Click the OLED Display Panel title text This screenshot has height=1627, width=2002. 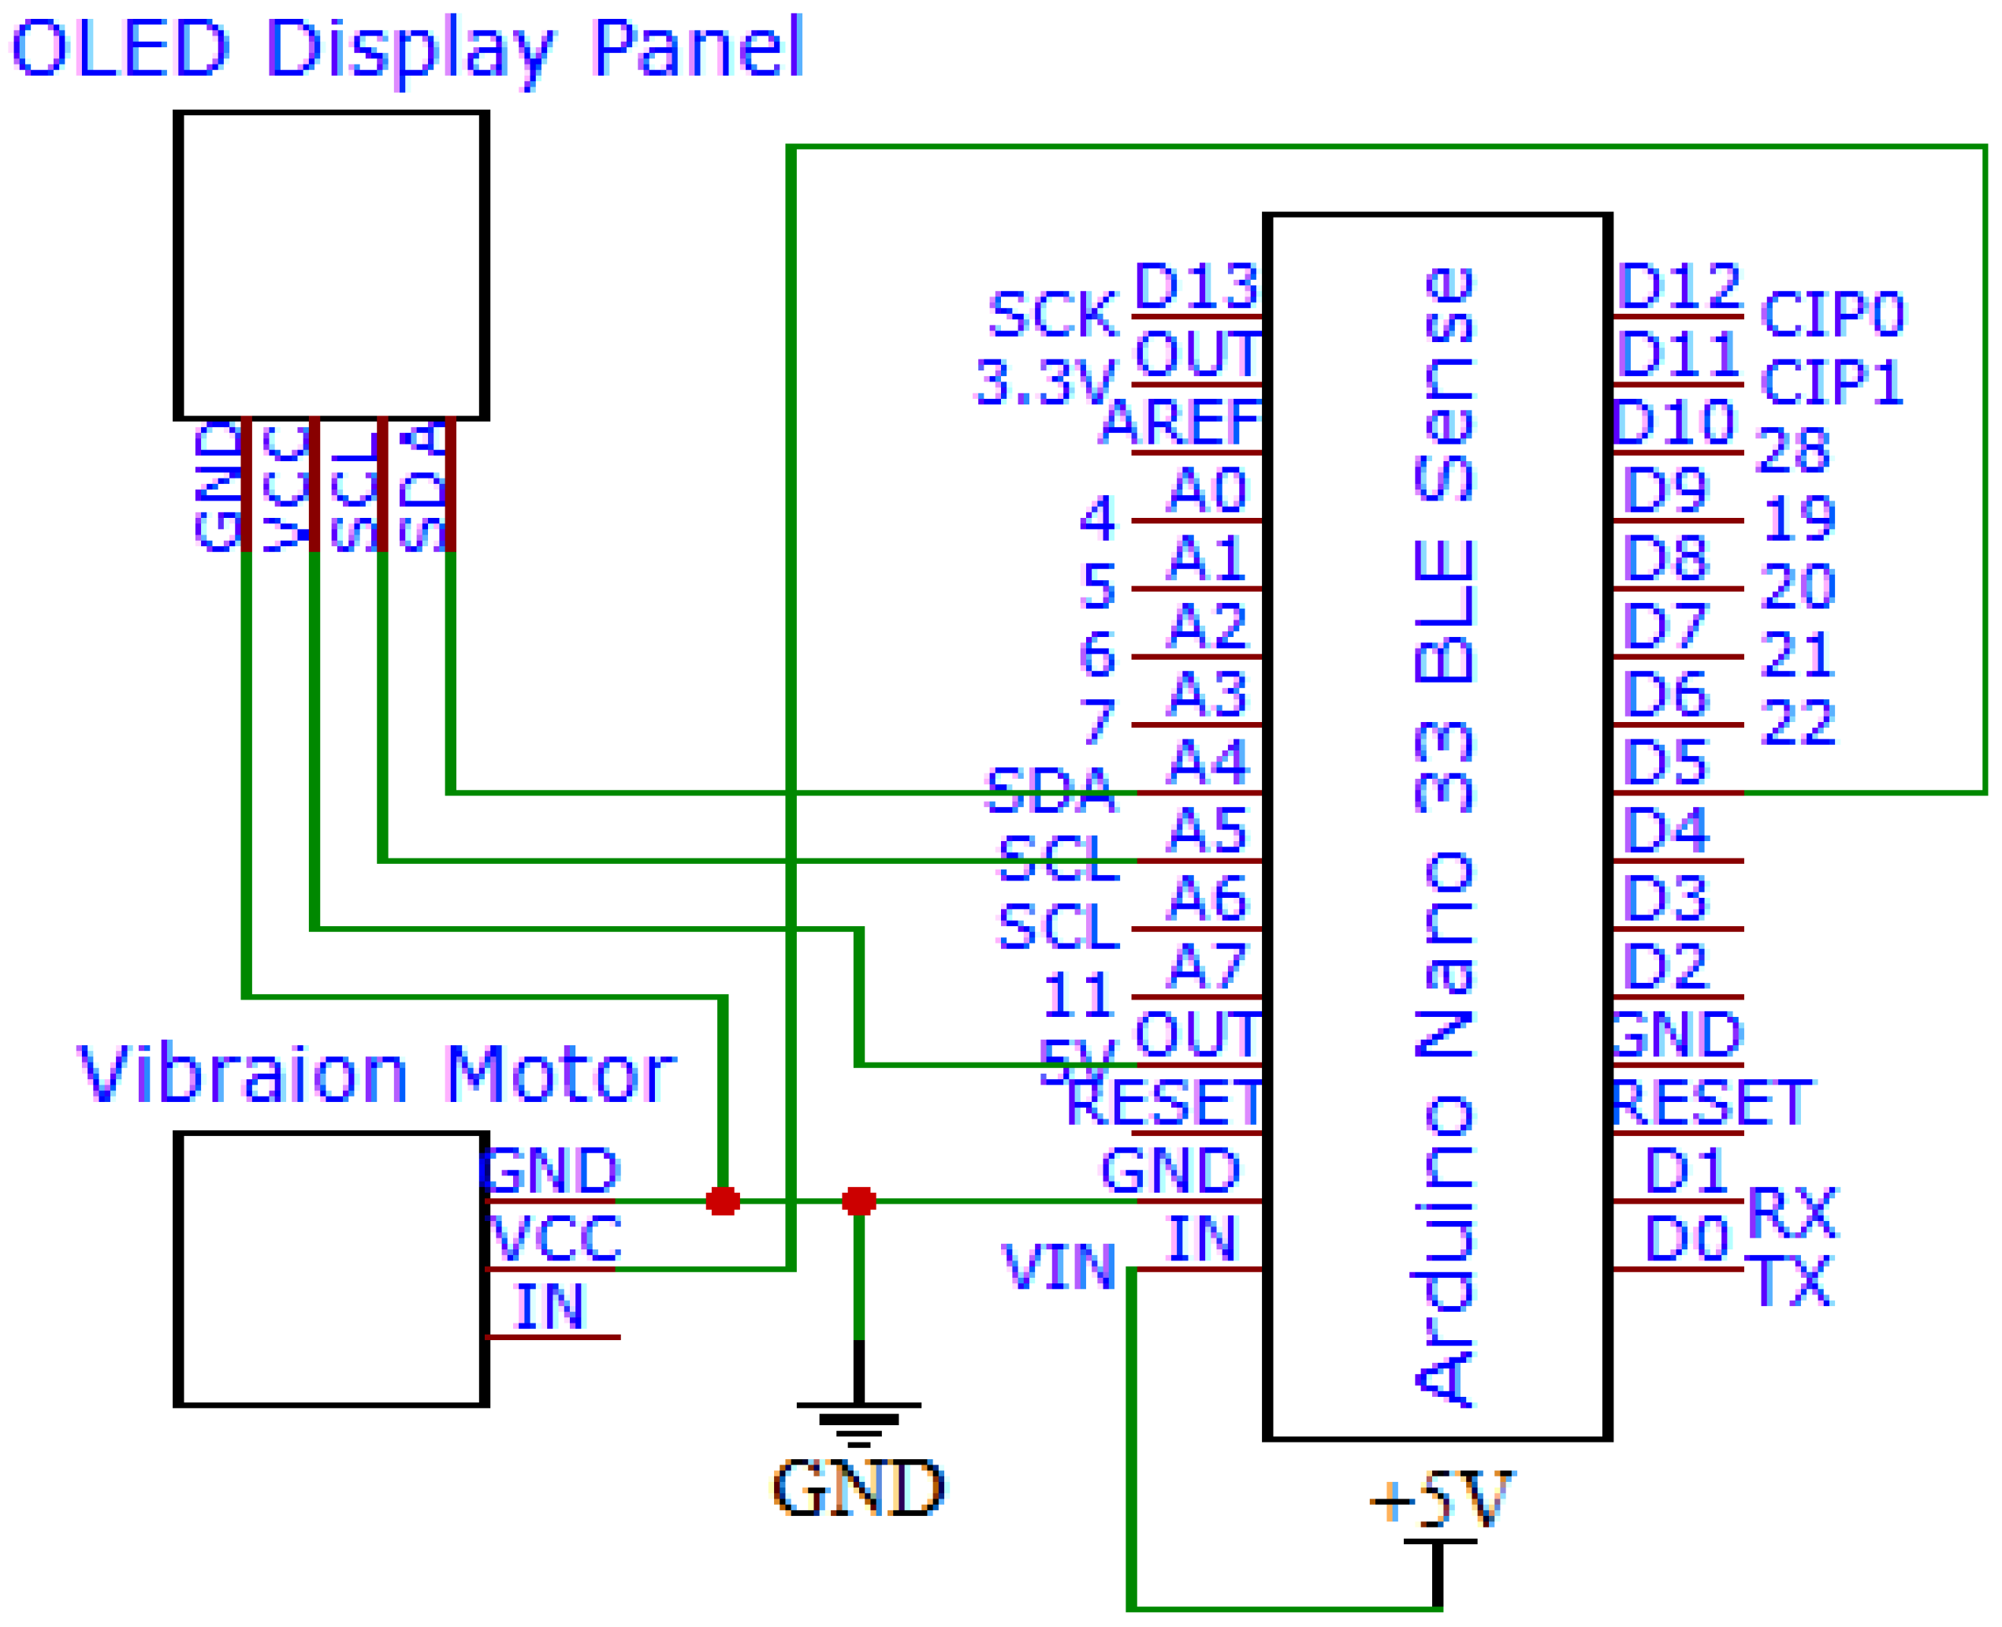[x=407, y=49]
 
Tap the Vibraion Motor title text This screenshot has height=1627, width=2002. [x=375, y=1074]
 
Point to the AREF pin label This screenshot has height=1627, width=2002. [x=1181, y=423]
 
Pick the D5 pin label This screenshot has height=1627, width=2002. [x=1665, y=763]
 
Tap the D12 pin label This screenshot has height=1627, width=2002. [x=1678, y=287]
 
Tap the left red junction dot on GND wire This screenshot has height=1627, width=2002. [x=723, y=1201]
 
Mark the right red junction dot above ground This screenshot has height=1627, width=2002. [x=858, y=1201]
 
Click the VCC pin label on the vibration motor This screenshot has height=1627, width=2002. [x=555, y=1238]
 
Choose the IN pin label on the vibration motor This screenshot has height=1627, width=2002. [x=549, y=1306]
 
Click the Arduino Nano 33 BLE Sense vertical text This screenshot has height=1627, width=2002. [x=1443, y=834]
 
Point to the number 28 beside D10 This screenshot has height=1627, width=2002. [x=1791, y=451]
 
